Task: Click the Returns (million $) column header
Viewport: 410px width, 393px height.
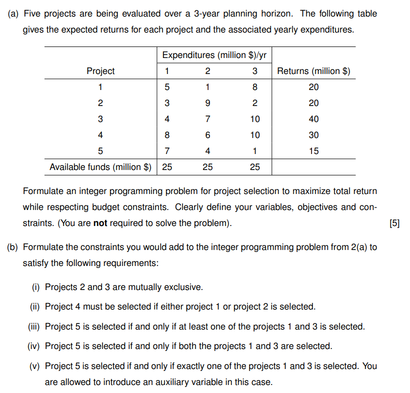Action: pos(313,71)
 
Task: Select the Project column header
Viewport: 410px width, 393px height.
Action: pos(100,71)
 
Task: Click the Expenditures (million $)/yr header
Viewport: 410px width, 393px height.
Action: pos(211,55)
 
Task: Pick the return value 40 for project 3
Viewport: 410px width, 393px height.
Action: pos(313,119)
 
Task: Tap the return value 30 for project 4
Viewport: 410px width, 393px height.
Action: pos(313,135)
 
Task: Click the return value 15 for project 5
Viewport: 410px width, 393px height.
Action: pos(313,151)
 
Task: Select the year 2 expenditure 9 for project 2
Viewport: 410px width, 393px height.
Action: pos(207,103)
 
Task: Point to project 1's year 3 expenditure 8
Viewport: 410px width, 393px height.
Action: pos(255,87)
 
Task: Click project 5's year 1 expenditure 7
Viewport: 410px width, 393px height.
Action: pos(167,151)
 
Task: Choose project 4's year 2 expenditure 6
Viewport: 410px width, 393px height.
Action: pos(207,135)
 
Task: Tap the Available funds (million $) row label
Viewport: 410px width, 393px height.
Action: pos(100,167)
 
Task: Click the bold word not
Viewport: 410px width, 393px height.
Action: pos(100,223)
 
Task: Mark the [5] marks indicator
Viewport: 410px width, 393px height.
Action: pos(394,223)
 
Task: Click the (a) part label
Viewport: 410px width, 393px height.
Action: pos(13,13)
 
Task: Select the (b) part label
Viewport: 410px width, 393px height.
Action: pos(13,247)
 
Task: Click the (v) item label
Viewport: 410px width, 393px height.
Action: pos(35,366)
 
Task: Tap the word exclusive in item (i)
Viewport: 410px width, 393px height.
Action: pos(183,287)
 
